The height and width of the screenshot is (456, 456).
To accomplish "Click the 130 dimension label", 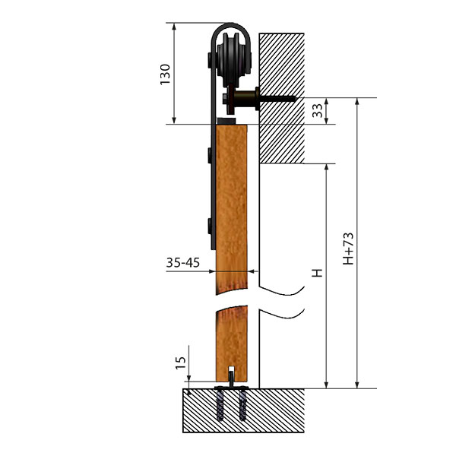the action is pyautogui.click(x=165, y=74).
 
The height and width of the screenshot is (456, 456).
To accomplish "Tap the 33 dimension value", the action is pyautogui.click(x=317, y=110).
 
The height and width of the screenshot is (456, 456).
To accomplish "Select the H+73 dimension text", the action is pyautogui.click(x=348, y=249).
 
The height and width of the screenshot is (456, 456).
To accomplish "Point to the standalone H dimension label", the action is pyautogui.click(x=317, y=273).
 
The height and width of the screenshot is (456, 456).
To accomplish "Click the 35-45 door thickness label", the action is pyautogui.click(x=183, y=263).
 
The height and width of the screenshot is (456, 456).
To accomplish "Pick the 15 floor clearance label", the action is pyautogui.click(x=181, y=363).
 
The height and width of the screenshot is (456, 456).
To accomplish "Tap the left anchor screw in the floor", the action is pyautogui.click(x=220, y=405).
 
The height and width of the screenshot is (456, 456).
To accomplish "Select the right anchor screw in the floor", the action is pyautogui.click(x=242, y=405).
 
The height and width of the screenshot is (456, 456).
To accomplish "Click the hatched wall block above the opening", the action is pyautogui.click(x=281, y=98).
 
